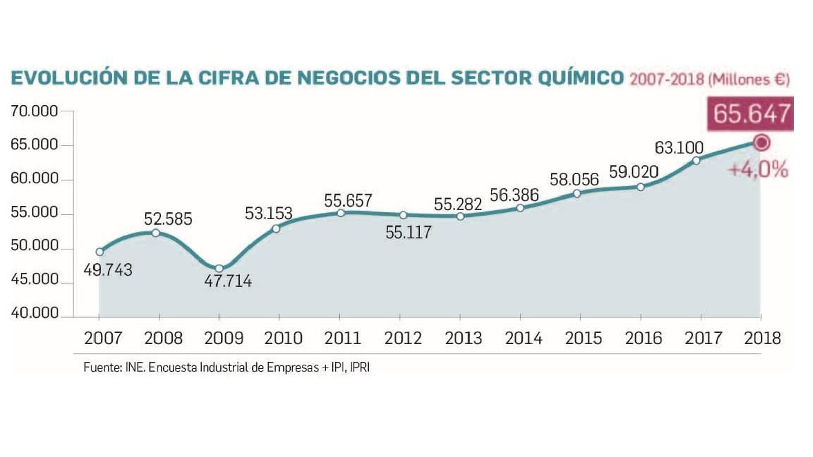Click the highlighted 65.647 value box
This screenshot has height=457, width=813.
click(x=751, y=113)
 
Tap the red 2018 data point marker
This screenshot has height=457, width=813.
click(x=761, y=143)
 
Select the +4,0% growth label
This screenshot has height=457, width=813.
click(x=758, y=169)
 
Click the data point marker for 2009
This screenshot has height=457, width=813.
click(x=219, y=268)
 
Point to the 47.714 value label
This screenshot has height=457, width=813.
click(x=228, y=281)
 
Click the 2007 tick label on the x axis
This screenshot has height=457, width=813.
click(x=103, y=338)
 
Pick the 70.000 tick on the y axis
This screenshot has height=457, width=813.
click(x=34, y=111)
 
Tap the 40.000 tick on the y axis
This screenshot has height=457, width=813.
click(x=34, y=313)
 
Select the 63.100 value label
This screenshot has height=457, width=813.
click(x=679, y=148)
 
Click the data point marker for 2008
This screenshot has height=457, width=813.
click(x=156, y=233)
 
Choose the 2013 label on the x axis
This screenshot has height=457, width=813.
click(x=463, y=338)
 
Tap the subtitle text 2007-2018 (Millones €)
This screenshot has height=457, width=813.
click(x=709, y=80)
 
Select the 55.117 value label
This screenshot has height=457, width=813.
click(x=408, y=233)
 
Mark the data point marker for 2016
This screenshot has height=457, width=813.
click(x=641, y=187)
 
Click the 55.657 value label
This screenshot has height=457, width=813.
click(x=348, y=201)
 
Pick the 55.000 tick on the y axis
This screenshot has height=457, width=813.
click(x=34, y=212)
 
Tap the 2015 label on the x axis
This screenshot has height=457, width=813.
click(x=583, y=338)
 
